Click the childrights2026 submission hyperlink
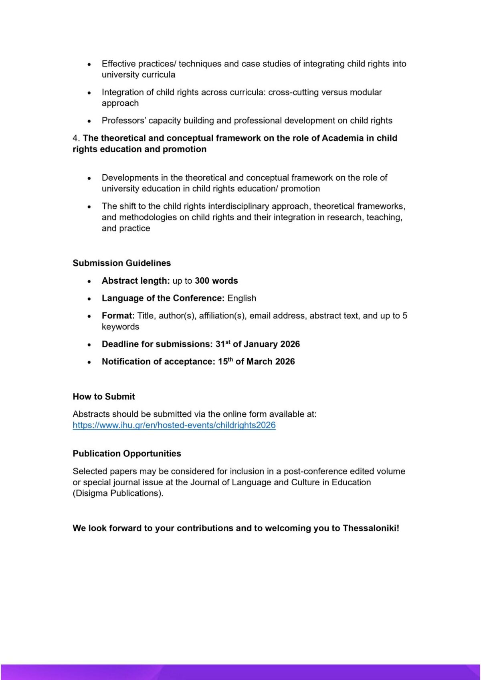tap(174, 425)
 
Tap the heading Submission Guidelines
tap(121, 263)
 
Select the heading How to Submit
tap(104, 396)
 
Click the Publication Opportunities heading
tap(127, 453)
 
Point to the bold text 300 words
tap(216, 280)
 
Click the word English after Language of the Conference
tap(242, 298)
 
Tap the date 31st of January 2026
tap(257, 344)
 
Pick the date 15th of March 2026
tap(256, 361)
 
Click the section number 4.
tap(76, 138)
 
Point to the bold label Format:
tap(118, 316)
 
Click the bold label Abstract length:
tap(135, 280)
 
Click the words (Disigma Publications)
tap(118, 493)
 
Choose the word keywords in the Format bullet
tap(120, 327)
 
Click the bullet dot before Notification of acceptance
tap(89, 362)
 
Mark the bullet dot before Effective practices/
tap(89, 64)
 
